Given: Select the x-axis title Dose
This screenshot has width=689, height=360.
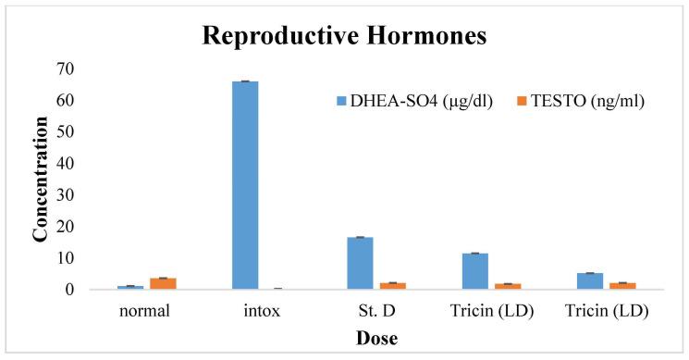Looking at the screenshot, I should pos(376,339).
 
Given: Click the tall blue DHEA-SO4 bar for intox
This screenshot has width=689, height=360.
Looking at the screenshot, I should pos(245,185).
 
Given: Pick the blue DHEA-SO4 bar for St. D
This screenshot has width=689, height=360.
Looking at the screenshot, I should pos(360,264).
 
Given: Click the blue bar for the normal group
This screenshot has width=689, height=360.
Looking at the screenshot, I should pos(130,288).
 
